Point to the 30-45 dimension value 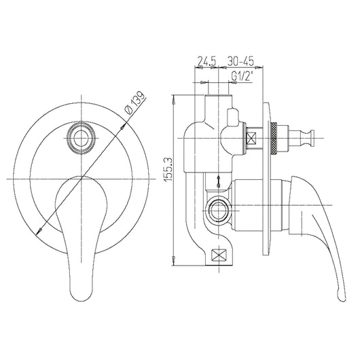pos(242,60)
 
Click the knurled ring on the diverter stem pos(273,140)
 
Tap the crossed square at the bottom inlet pos(221,257)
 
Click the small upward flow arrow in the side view pos(218,181)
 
